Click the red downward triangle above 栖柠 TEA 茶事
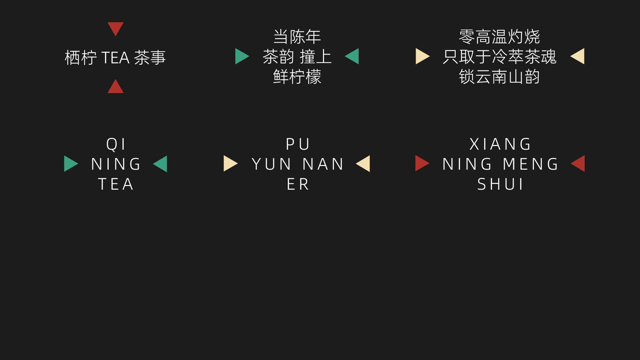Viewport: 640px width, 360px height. coord(115,28)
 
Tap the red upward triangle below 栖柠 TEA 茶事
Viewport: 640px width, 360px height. coord(115,87)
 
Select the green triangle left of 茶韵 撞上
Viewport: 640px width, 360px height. coord(241,56)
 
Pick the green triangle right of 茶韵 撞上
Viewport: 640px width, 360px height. coord(353,56)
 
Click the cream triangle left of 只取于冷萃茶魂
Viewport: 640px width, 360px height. coord(422,56)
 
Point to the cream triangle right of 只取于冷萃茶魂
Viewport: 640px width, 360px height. coord(578,56)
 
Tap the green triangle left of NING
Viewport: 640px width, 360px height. coord(70,164)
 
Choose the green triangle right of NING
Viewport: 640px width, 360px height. coord(161,164)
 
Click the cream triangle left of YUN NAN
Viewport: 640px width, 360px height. coord(230,164)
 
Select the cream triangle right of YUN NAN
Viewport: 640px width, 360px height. coord(364,164)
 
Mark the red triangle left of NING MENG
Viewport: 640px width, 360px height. coord(421,163)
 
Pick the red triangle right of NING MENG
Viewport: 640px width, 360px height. coord(579,163)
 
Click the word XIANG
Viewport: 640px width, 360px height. coord(500,144)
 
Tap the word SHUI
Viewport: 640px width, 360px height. coord(500,184)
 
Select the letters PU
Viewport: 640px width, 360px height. coord(298,144)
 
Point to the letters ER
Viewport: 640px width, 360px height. coord(298,184)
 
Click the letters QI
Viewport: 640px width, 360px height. coord(116,144)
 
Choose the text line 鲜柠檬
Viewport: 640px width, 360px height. coord(297,77)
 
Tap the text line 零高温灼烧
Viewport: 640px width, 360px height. coord(499,37)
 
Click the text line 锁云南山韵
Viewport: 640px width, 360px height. coord(499,77)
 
